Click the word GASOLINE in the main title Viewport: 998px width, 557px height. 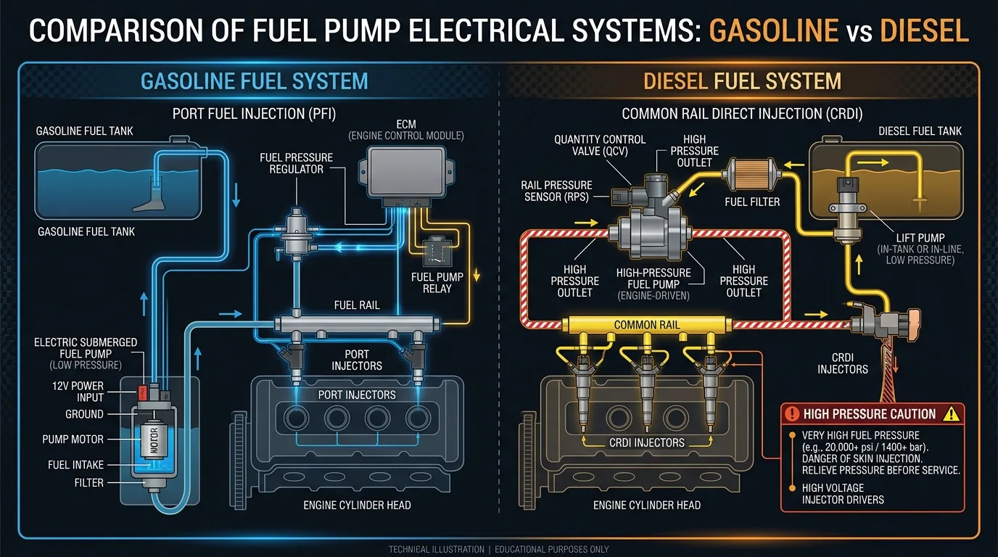coord(774,30)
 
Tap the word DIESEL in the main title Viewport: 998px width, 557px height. coord(925,30)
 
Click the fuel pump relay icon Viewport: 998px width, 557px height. coord(437,252)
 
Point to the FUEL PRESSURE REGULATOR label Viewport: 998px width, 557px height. coord(296,163)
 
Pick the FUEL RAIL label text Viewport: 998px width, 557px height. coord(357,305)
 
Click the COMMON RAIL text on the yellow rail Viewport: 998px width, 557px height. coord(647,325)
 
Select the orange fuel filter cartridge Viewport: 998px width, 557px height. coord(751,174)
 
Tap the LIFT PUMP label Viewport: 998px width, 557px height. coord(920,238)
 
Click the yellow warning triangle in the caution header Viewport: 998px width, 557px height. coord(952,414)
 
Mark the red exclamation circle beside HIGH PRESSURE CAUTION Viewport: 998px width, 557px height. coord(792,414)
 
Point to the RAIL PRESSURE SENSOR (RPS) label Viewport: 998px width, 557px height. coord(556,191)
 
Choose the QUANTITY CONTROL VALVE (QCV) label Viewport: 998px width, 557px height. coord(600,145)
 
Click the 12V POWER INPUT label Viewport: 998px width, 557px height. coord(78,392)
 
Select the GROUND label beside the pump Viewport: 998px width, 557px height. coord(85,414)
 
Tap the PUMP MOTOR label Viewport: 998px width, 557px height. coord(73,440)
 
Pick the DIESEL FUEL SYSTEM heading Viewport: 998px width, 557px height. coord(742,81)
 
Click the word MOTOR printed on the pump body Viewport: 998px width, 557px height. coord(154,440)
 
